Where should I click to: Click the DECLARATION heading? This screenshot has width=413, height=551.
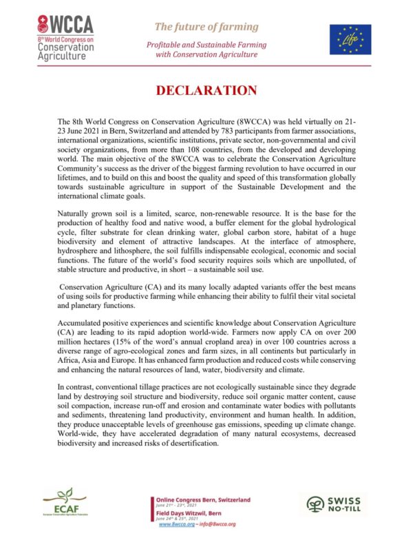point(206,92)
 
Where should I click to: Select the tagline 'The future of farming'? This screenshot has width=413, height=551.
point(206,27)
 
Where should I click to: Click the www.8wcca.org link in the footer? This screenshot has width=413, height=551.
point(176,524)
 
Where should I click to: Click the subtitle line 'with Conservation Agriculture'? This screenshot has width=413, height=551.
point(206,54)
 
